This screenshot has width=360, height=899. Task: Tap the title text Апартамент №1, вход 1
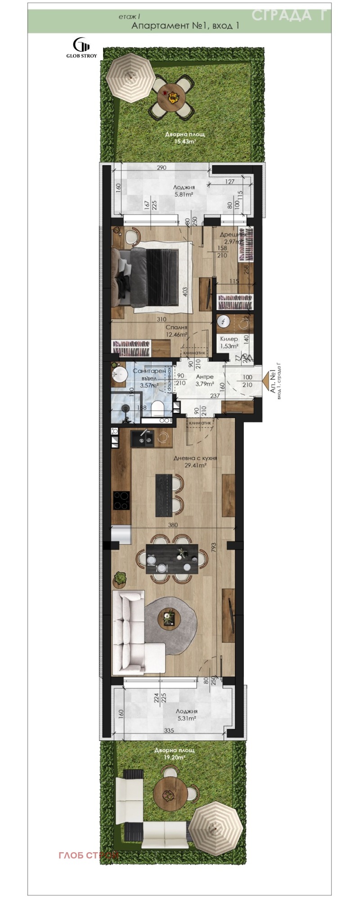(185, 26)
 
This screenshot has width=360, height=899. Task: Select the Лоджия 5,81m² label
(184, 191)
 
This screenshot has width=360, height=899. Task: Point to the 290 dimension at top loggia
(162, 167)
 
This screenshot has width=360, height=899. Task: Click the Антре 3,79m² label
(204, 380)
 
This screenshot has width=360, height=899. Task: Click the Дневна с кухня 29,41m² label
(195, 461)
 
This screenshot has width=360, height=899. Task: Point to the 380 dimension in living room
(173, 525)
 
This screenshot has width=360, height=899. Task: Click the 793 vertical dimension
(214, 547)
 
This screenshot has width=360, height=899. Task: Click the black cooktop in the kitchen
(121, 500)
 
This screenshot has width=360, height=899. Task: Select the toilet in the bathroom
(157, 408)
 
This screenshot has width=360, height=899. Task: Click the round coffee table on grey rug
(169, 617)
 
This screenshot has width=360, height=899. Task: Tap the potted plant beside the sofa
(120, 578)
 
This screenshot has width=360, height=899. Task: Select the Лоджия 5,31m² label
(186, 715)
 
